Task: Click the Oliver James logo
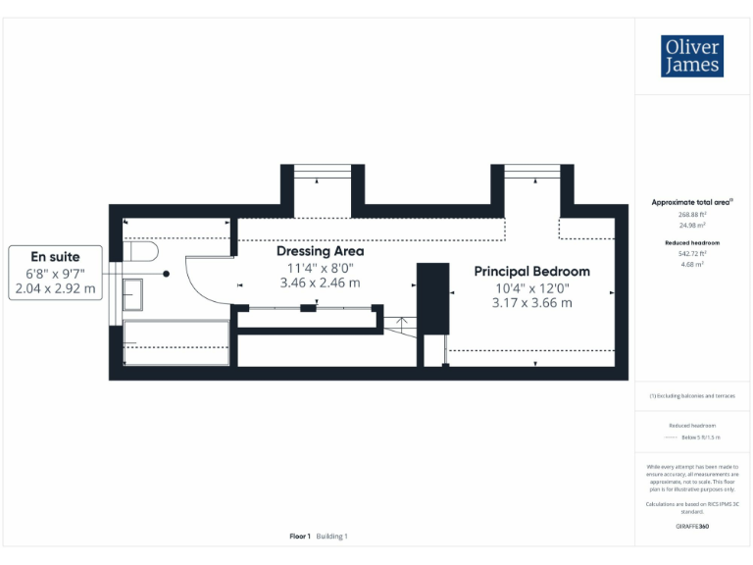(692, 57)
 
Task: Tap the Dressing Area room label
(320, 251)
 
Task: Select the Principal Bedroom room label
(531, 271)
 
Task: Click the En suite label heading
(55, 257)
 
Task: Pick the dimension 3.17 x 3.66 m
(531, 302)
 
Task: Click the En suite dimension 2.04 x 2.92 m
(55, 288)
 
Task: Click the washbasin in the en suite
(132, 294)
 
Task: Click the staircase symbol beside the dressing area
(398, 324)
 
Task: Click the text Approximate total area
(691, 202)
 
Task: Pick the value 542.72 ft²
(692, 253)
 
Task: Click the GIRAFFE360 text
(692, 527)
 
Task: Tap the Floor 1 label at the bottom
(300, 537)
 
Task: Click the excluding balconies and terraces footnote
(692, 395)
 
